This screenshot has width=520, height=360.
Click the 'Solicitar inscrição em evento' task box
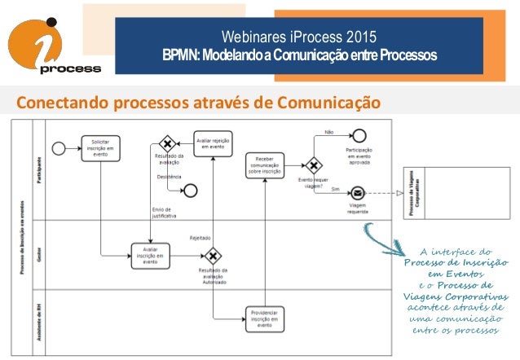(x=100, y=148)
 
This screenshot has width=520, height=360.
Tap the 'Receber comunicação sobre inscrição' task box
(x=266, y=165)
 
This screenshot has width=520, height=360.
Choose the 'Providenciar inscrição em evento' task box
(x=266, y=318)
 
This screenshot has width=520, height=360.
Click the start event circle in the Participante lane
(x=58, y=147)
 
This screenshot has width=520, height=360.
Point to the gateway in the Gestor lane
(x=213, y=256)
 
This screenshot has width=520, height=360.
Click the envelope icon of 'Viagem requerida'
(x=357, y=194)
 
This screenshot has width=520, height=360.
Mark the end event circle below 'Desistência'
(x=192, y=191)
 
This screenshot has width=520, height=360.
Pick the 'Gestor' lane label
(x=38, y=255)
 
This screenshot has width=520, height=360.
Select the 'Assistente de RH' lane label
(x=38, y=322)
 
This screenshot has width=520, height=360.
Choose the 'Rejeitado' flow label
(x=201, y=239)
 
